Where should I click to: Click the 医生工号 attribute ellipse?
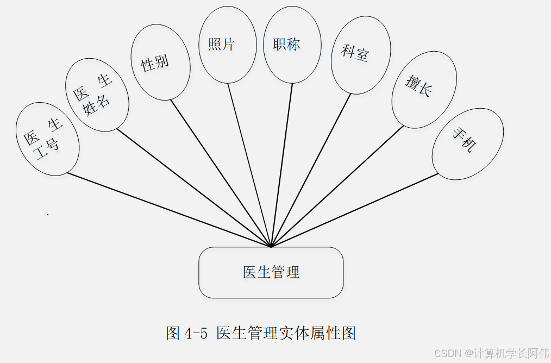(48, 139)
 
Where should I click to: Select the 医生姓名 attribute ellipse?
(97, 95)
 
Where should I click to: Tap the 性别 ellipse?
(160, 62)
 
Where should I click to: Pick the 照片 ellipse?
(228, 45)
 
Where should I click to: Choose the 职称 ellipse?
(292, 45)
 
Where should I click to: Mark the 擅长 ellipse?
(424, 90)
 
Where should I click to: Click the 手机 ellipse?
(467, 144)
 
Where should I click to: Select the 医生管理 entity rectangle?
(271, 272)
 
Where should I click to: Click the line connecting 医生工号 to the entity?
(168, 210)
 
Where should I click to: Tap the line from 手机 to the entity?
(355, 210)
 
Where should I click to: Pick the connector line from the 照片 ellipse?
(249, 165)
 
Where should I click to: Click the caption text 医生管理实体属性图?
(286, 333)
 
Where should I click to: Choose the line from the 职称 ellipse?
(281, 165)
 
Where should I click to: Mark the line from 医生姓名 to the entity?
(194, 188)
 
